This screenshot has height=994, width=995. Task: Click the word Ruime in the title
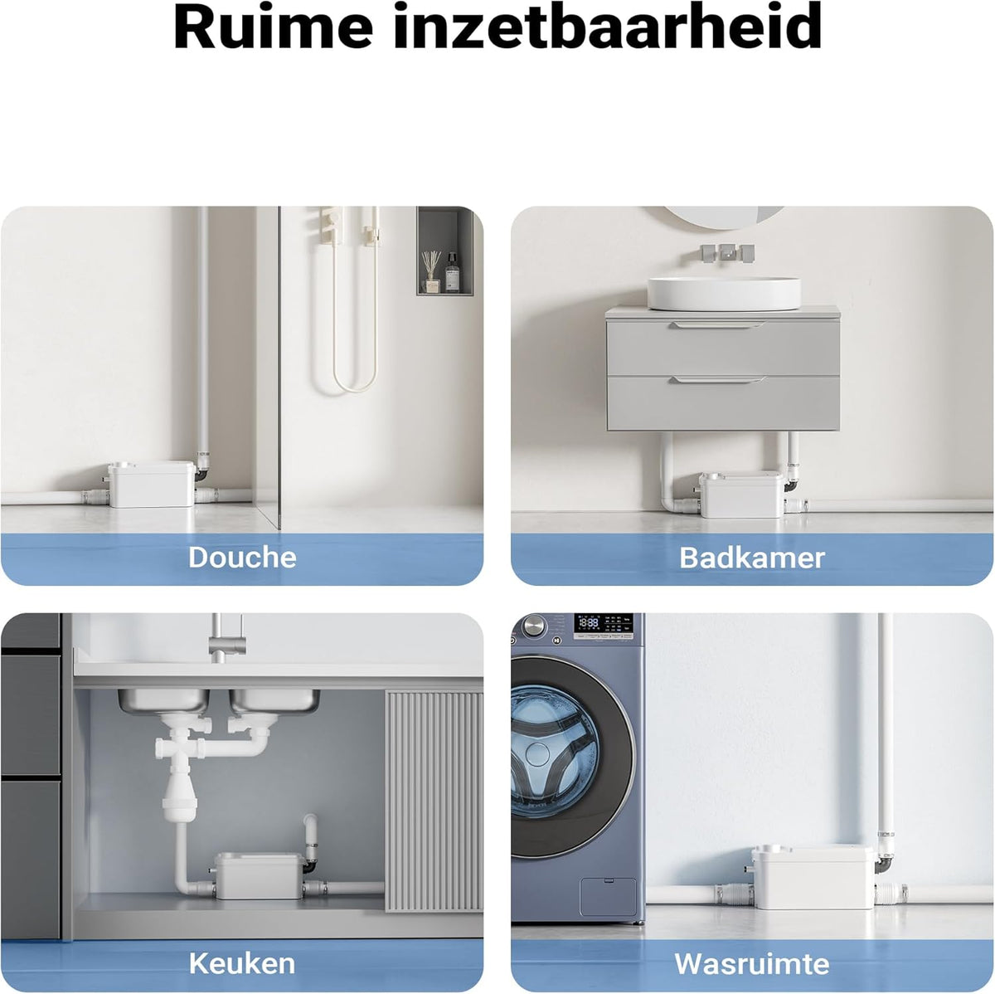pyautogui.click(x=273, y=27)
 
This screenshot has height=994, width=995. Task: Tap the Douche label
pyautogui.click(x=242, y=558)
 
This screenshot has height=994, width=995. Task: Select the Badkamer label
pyautogui.click(x=752, y=558)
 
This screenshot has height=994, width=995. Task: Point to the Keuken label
pyautogui.click(x=241, y=963)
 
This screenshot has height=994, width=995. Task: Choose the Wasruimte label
pyautogui.click(x=752, y=963)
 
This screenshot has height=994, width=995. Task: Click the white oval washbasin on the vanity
pyautogui.click(x=724, y=293)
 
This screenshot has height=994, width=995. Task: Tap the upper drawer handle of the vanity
pyautogui.click(x=718, y=325)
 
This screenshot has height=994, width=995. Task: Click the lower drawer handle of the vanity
pyautogui.click(x=718, y=380)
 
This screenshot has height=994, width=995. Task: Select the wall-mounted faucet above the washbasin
pyautogui.click(x=727, y=252)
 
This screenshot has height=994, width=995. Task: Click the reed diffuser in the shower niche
pyautogui.click(x=431, y=271)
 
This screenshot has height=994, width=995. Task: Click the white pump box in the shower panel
pyautogui.click(x=151, y=485)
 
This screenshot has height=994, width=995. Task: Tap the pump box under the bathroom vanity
pyautogui.click(x=741, y=494)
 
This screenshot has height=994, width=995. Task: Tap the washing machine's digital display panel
pyautogui.click(x=603, y=627)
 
